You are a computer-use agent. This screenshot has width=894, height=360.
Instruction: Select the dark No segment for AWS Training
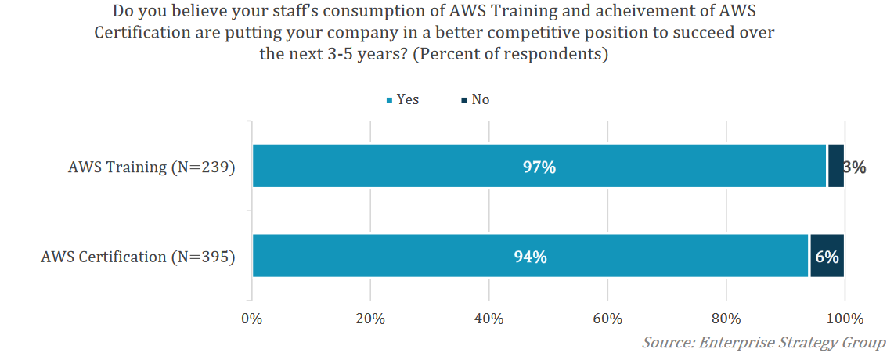pos(835,166)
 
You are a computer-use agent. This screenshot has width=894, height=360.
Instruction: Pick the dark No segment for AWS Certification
pos(827,256)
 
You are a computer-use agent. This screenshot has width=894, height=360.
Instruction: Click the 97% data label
pos(539,167)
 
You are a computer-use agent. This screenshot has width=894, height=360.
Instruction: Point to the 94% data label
pos(530,257)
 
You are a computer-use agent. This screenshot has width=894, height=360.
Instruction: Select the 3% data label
pos(854,167)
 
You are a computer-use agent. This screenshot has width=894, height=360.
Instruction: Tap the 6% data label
pos(827,257)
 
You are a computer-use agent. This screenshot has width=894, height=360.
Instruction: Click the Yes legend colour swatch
pos(389,100)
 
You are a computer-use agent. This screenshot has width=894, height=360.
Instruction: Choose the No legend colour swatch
pos(463,100)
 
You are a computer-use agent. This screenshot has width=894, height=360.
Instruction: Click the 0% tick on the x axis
pos(251,319)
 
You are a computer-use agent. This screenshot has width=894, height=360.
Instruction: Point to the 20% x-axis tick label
pos(370,319)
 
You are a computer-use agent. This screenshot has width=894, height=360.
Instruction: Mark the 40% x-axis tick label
pos(488,319)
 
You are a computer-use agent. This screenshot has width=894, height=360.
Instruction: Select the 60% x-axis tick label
pos(607,319)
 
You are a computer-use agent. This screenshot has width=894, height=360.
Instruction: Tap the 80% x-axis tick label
pos(726,319)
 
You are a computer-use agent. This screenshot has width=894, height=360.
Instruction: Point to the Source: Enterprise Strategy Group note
pos(763,343)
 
